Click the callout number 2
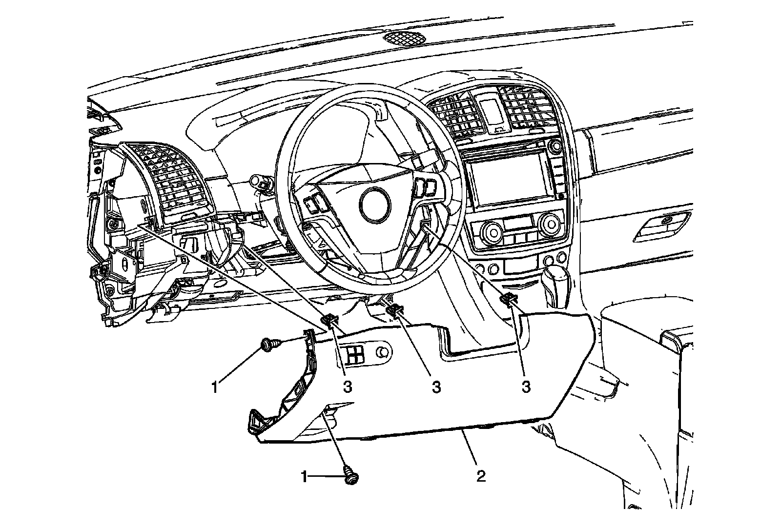click(x=481, y=476)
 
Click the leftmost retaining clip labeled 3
click(x=330, y=320)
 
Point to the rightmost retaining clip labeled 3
click(x=509, y=300)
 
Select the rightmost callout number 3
click(x=525, y=387)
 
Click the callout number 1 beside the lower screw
click(x=305, y=476)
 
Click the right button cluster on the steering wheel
click(x=425, y=185)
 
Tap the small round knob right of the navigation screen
click(x=555, y=145)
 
